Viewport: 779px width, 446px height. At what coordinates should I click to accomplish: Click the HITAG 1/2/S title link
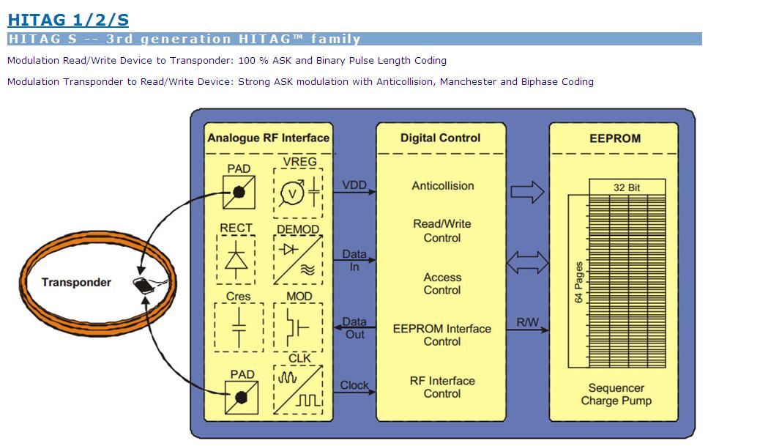click(68, 20)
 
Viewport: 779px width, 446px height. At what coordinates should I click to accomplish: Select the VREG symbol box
click(297, 193)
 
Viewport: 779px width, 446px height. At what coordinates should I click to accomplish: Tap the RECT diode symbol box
click(236, 260)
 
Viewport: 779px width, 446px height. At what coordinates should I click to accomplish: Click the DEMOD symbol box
click(297, 260)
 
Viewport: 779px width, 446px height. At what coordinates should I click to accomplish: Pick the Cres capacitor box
click(238, 327)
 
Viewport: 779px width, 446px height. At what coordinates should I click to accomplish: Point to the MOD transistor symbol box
click(297, 327)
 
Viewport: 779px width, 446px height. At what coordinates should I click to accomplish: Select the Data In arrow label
click(354, 261)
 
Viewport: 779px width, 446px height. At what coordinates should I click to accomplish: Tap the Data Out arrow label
click(354, 327)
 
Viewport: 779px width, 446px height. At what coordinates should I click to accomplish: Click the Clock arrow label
click(354, 385)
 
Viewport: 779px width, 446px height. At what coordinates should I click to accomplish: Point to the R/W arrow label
click(527, 322)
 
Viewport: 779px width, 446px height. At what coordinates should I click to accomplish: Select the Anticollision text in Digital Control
click(442, 186)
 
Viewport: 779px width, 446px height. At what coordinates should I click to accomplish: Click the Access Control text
click(442, 284)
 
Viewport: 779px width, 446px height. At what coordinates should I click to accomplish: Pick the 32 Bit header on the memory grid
click(627, 187)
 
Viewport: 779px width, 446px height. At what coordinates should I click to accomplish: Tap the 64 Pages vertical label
click(578, 283)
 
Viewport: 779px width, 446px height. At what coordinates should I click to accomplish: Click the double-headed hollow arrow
click(527, 261)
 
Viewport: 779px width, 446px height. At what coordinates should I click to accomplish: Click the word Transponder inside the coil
click(76, 283)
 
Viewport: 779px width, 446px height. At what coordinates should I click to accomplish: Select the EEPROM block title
click(615, 138)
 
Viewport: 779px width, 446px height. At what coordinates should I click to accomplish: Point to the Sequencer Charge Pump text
click(616, 395)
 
